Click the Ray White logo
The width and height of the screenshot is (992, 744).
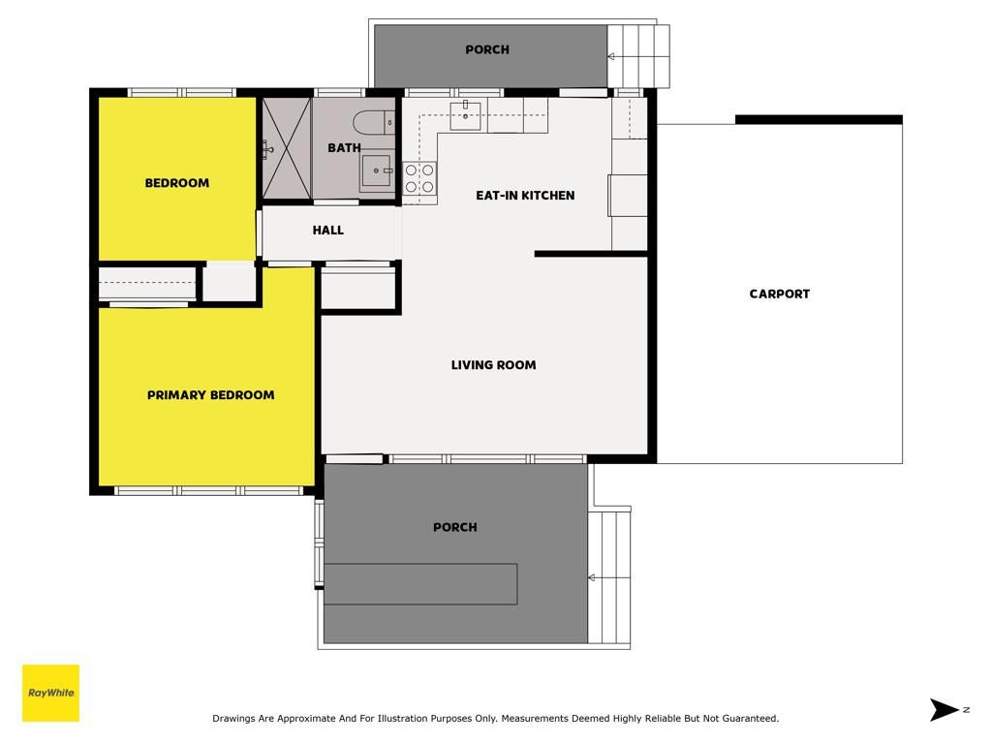tap(50, 693)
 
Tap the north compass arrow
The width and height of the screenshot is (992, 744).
tap(944, 710)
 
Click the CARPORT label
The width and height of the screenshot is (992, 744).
tap(780, 294)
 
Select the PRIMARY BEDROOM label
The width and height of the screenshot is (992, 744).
tap(210, 395)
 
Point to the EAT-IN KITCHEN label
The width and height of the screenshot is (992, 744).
tap(525, 196)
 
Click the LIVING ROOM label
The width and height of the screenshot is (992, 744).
tap(493, 365)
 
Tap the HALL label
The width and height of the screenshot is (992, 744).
tap(327, 231)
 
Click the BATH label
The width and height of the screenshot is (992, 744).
tap(344, 148)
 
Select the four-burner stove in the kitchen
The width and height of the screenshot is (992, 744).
tap(420, 178)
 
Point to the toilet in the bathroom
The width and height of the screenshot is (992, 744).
tap(374, 122)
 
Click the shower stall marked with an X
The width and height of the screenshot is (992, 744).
tap(287, 148)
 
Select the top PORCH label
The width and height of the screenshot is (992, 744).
tap(487, 49)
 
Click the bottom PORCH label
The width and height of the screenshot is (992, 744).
tap(455, 527)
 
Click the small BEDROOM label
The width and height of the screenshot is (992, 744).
tap(177, 183)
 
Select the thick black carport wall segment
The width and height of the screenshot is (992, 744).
tap(819, 119)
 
